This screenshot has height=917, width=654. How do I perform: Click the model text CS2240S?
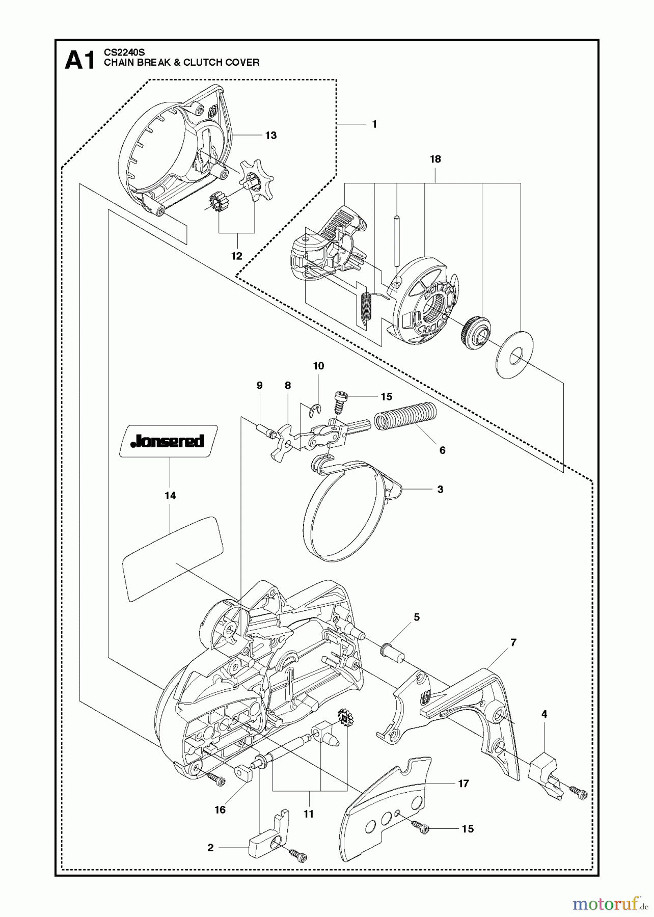click(124, 52)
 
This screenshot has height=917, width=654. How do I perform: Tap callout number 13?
click(271, 135)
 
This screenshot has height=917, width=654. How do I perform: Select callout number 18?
click(435, 159)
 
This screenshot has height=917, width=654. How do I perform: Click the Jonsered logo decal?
click(168, 441)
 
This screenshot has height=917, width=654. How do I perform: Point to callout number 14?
click(170, 496)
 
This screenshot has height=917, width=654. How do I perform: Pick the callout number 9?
click(259, 386)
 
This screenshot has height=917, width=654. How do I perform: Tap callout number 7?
click(513, 643)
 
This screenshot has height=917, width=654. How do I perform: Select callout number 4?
click(544, 714)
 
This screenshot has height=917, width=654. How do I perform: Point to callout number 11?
click(309, 814)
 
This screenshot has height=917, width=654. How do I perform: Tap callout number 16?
click(220, 810)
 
